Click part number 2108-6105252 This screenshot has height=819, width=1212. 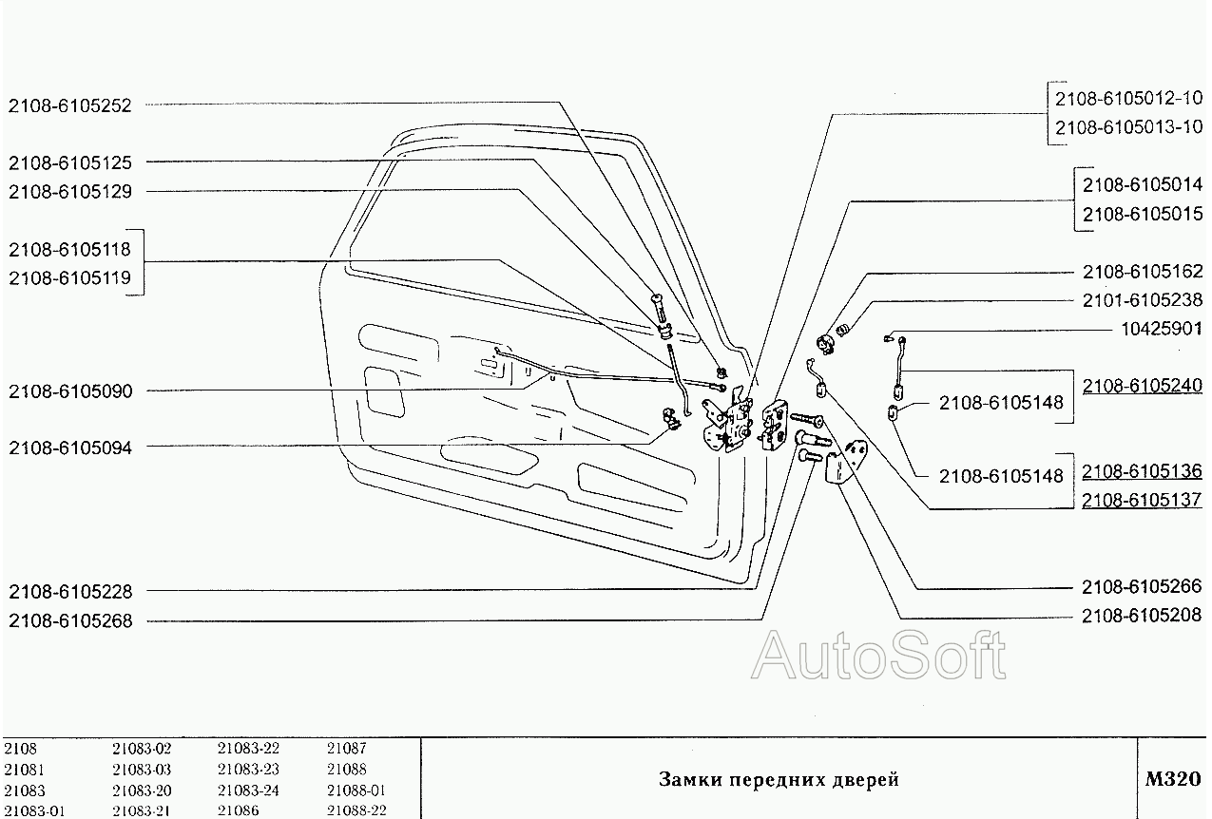(x=69, y=106)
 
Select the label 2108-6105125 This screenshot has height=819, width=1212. (x=69, y=162)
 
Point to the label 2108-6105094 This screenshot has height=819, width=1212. (x=70, y=448)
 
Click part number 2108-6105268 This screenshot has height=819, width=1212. (x=70, y=621)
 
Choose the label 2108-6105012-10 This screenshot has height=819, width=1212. (x=1128, y=99)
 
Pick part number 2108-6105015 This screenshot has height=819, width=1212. (x=1143, y=214)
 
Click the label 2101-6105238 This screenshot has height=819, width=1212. (x=1143, y=300)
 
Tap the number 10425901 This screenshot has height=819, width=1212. (x=1162, y=329)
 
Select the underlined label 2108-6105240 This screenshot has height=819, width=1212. (x=1143, y=386)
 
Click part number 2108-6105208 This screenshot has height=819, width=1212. (x=1142, y=616)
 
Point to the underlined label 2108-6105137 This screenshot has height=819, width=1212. (x=1142, y=501)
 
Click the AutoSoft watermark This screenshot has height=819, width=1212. (x=878, y=656)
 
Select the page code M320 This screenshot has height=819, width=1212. (x=1173, y=779)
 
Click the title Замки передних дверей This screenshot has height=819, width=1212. (x=779, y=779)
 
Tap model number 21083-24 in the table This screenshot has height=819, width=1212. (x=248, y=790)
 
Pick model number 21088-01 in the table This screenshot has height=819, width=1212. (x=356, y=790)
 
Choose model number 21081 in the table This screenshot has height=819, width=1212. (x=25, y=770)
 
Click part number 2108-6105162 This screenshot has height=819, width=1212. (x=1143, y=272)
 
